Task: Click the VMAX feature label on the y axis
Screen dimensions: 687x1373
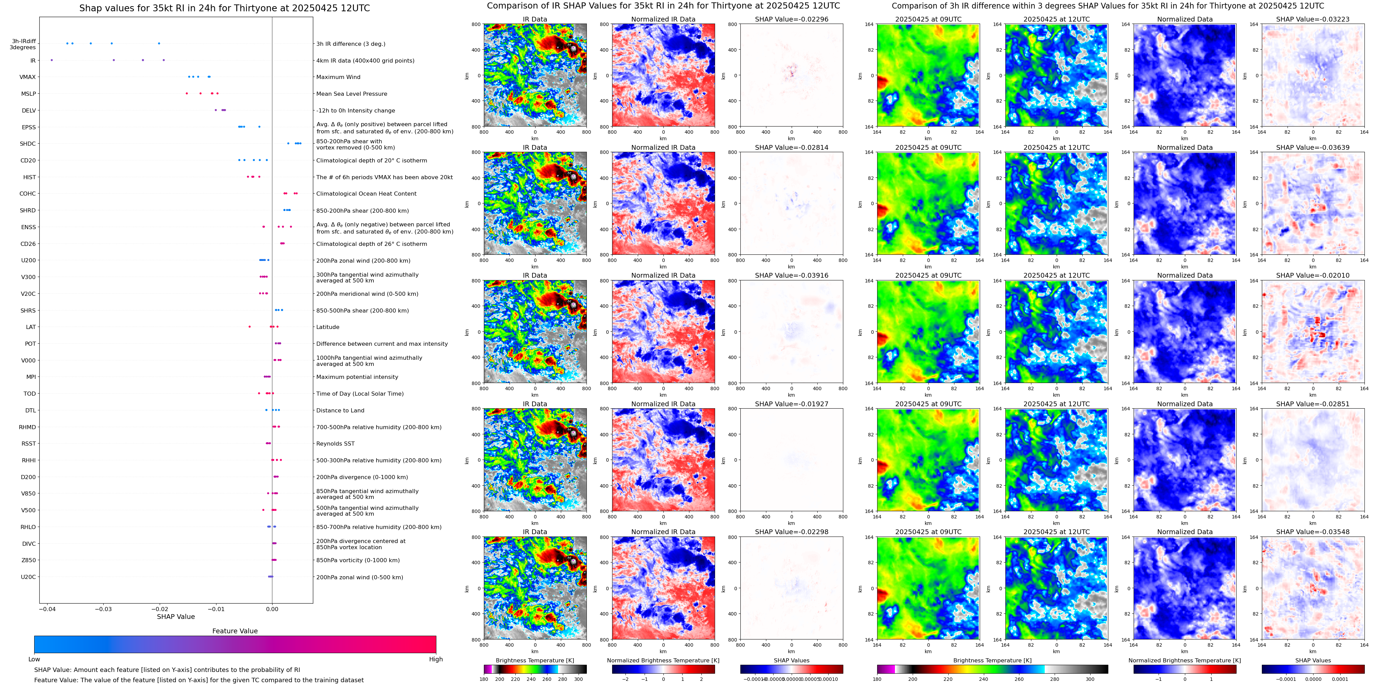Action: [28, 77]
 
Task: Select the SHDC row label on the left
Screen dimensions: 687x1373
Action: [28, 144]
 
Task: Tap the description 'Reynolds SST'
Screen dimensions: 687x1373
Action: [335, 444]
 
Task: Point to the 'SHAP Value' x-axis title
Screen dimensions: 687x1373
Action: [176, 617]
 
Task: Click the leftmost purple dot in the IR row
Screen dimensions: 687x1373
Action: [52, 60]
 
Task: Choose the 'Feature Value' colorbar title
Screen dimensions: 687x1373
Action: [235, 631]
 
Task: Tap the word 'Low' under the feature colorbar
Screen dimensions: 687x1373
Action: [34, 659]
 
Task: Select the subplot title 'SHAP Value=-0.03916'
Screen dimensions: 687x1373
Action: [792, 276]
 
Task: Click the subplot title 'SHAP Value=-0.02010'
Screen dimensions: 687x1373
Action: [1313, 276]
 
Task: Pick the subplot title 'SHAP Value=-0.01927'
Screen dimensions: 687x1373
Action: [792, 404]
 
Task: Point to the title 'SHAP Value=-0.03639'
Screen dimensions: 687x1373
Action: [1313, 148]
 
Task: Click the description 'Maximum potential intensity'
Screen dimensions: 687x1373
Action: [357, 377]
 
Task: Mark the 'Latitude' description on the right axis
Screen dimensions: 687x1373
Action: [328, 327]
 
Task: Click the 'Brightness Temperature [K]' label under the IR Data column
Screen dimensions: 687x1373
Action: [534, 660]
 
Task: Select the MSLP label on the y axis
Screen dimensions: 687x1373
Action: [29, 94]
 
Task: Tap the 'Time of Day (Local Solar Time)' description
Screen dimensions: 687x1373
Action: [360, 394]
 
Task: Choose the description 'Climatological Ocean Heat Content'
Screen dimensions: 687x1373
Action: [366, 194]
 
